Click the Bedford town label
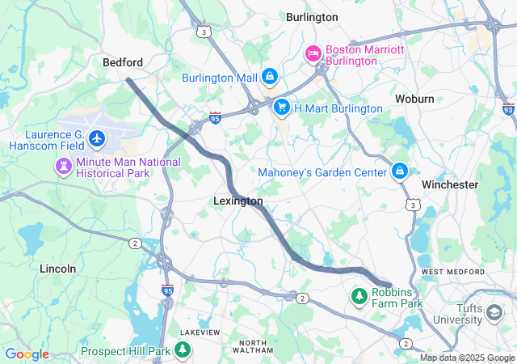click(x=123, y=62)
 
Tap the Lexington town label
click(x=237, y=201)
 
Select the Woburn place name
click(x=414, y=99)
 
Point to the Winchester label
click(x=450, y=184)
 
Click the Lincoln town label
click(x=58, y=268)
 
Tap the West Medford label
click(x=452, y=271)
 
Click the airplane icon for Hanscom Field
click(x=98, y=139)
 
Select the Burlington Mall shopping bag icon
click(x=270, y=78)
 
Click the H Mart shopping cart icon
click(x=281, y=107)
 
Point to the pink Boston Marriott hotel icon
click(x=313, y=54)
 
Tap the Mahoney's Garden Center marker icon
click(x=399, y=171)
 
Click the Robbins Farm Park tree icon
click(x=359, y=298)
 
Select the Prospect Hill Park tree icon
click(x=184, y=351)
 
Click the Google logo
click(x=27, y=354)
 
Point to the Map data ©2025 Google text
click(x=467, y=358)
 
